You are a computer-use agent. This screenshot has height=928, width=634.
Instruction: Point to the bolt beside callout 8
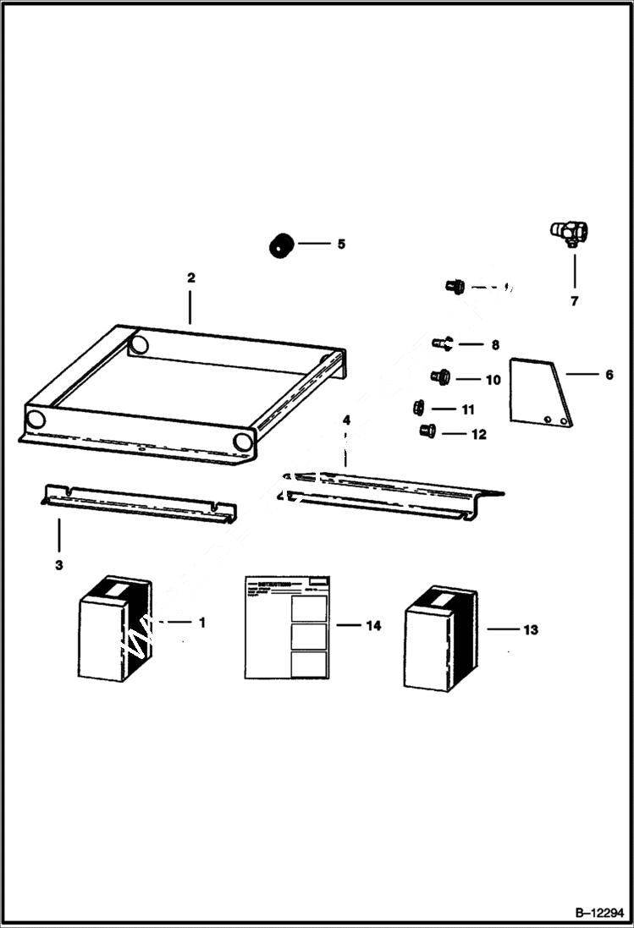442,343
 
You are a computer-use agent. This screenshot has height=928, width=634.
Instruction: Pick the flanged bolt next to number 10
440,376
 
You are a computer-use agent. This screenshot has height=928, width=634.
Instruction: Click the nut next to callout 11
418,408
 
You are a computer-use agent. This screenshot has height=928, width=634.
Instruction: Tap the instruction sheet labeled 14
287,627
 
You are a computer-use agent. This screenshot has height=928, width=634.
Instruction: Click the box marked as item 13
439,638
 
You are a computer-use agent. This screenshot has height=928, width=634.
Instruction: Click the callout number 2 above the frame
190,277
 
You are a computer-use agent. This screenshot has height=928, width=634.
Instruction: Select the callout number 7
574,300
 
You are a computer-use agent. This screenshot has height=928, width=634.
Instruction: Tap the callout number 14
373,626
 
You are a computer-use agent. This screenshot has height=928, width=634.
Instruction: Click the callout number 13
530,629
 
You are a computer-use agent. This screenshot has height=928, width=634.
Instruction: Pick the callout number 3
58,564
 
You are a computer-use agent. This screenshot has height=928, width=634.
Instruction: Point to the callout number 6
609,374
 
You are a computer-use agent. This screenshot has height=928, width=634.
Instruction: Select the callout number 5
341,244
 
